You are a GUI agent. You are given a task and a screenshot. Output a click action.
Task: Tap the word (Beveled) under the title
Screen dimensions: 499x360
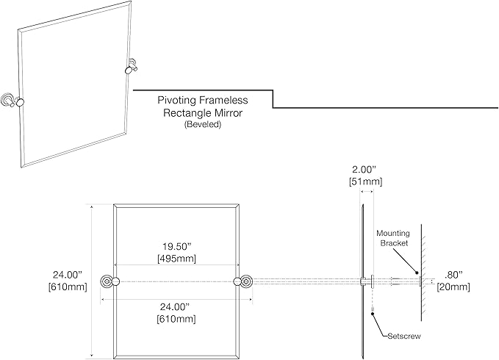[x=202, y=124]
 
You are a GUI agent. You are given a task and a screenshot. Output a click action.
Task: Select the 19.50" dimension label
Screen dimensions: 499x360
[x=176, y=246]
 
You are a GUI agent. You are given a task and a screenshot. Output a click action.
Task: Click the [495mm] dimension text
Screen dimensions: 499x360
[x=176, y=258]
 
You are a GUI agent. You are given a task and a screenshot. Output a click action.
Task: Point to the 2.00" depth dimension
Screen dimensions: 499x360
[x=366, y=169]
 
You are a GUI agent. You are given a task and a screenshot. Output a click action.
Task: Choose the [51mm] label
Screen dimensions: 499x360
[x=366, y=181]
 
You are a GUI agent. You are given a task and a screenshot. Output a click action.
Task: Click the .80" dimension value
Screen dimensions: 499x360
[x=453, y=275]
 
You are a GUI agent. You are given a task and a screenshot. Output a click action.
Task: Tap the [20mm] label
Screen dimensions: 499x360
[x=453, y=287]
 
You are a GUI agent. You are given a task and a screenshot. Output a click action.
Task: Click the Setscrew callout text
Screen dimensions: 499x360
[x=404, y=336]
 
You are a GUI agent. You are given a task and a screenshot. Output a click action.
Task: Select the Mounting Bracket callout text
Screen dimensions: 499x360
[x=393, y=238]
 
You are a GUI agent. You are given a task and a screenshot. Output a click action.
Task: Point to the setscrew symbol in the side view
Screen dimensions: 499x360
[x=372, y=309]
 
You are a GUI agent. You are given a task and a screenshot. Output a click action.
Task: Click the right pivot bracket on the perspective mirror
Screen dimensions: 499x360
[x=131, y=66]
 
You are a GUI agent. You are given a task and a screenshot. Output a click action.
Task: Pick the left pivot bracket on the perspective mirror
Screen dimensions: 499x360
[x=12, y=101]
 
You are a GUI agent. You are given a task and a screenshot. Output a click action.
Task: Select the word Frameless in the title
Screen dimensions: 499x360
[x=223, y=100]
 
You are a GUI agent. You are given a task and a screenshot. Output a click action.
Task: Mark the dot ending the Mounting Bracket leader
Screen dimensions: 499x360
[x=416, y=273]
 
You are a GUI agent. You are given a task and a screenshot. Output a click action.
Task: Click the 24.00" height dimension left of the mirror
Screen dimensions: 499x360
[x=68, y=275]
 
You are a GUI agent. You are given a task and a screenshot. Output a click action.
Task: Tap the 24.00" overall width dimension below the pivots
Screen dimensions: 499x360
[x=175, y=307]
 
